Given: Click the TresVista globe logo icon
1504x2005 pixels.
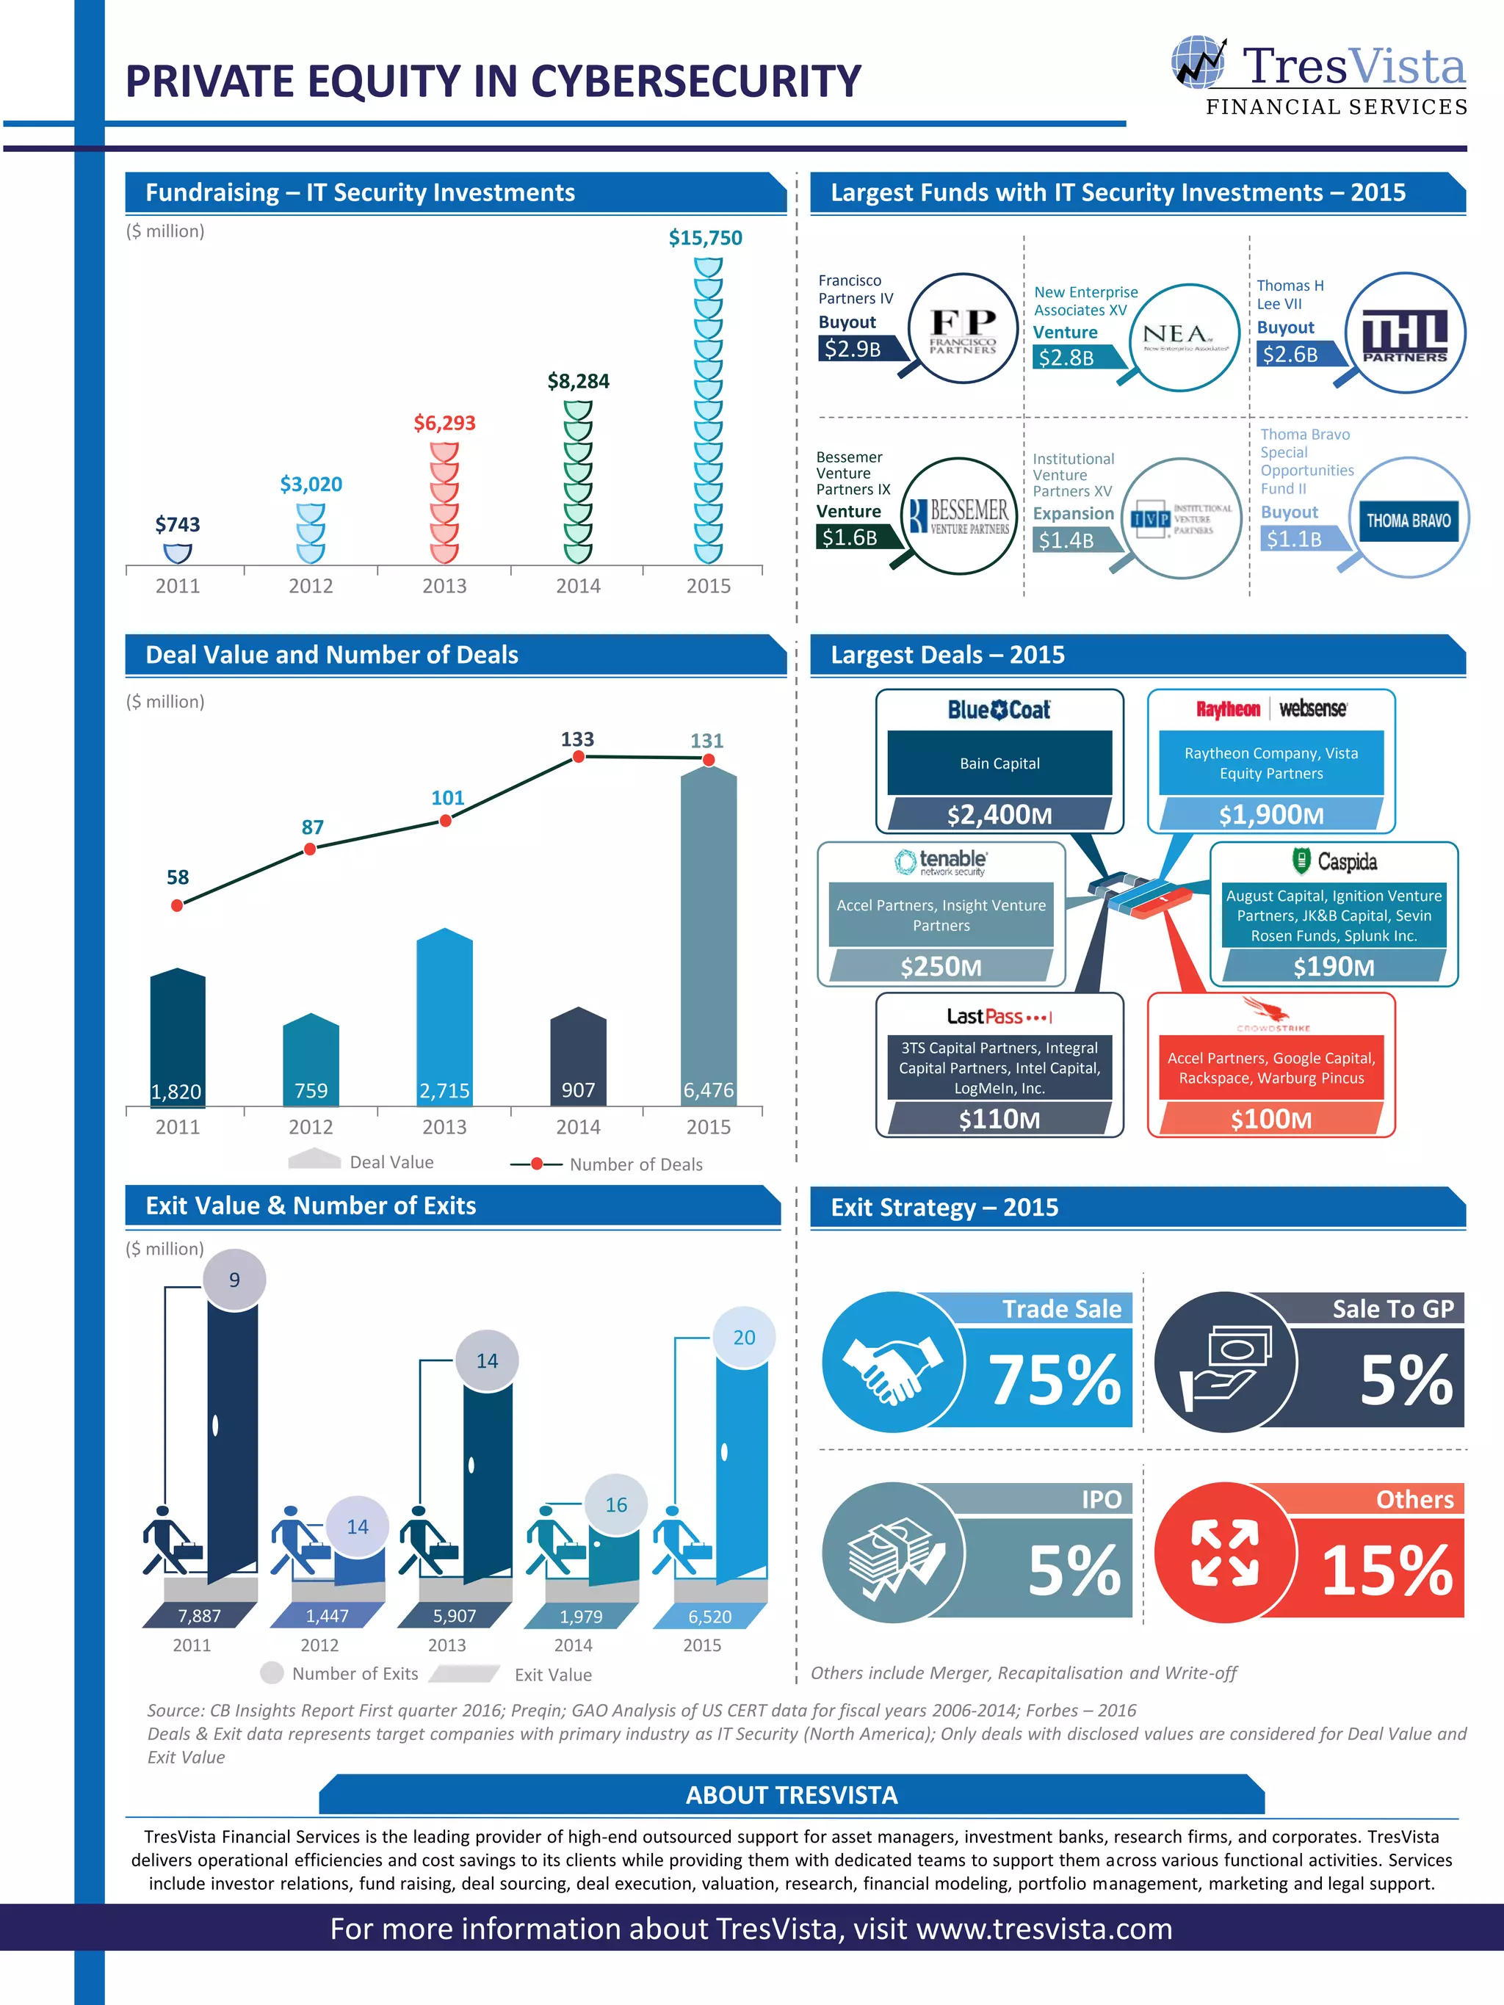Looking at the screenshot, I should pyautogui.click(x=1198, y=62).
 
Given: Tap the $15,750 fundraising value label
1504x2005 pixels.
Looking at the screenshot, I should pyautogui.click(x=705, y=239).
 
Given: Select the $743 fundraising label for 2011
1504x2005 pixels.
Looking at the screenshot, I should pyautogui.click(x=178, y=525).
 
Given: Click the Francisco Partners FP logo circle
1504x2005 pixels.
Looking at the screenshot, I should pyautogui.click(x=963, y=329).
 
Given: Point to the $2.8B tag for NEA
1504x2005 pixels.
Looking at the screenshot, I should pyautogui.click(x=1067, y=357).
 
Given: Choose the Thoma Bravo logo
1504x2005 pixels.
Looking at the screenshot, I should pyautogui.click(x=1409, y=521).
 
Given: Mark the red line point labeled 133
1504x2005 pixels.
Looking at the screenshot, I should pyautogui.click(x=579, y=757).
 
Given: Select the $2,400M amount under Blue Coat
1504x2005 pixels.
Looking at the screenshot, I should pyautogui.click(x=999, y=815).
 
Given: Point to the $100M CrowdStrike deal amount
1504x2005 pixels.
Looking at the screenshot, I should pyautogui.click(x=1271, y=1120).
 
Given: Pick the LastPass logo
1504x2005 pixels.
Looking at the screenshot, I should pyautogui.click(x=999, y=1017).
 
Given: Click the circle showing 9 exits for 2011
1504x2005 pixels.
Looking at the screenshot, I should pyautogui.click(x=234, y=1280).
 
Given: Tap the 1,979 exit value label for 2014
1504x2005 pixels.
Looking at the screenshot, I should pyautogui.click(x=580, y=1616).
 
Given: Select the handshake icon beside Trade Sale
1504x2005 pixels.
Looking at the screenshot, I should pyautogui.click(x=893, y=1363).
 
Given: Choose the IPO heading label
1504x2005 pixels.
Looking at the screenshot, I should pyautogui.click(x=1102, y=1499).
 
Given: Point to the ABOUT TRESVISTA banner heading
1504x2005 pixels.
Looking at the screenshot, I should pyautogui.click(x=792, y=1795).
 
